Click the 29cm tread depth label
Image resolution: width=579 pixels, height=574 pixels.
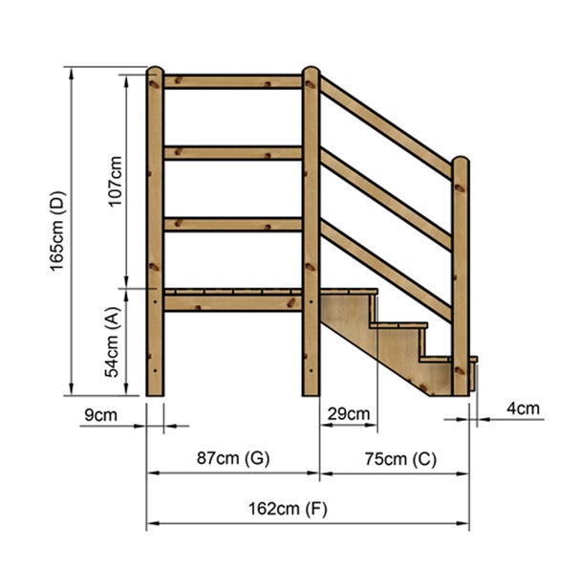348,413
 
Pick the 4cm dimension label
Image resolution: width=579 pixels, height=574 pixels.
522,408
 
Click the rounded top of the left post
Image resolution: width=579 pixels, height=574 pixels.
155,72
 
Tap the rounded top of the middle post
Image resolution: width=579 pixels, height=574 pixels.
311,72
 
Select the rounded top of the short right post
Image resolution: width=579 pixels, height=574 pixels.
461,163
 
